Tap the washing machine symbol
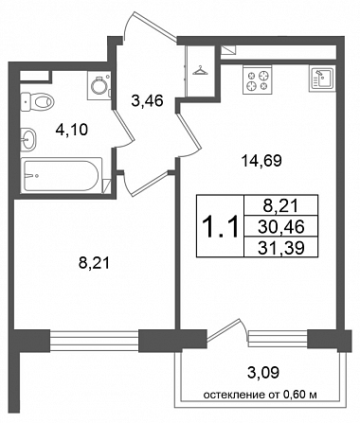point(99,85)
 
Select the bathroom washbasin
point(28,138)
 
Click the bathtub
point(62,175)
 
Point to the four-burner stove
point(257,79)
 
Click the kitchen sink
point(322,79)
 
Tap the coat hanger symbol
point(200,71)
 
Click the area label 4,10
point(71,130)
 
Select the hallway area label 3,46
point(147,101)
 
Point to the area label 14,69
point(261,161)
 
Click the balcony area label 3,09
point(263,373)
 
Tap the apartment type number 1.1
point(221,226)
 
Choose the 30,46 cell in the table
point(281,226)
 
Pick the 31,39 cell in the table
point(281,247)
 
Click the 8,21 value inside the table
point(281,206)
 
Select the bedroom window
point(94,341)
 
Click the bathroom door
point(122,129)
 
